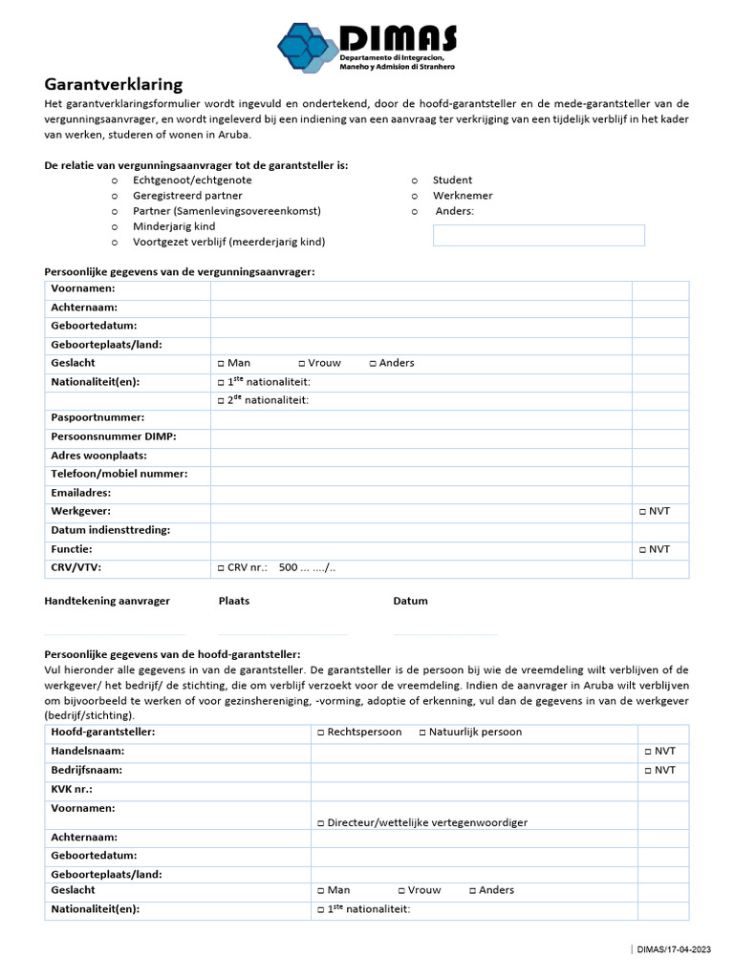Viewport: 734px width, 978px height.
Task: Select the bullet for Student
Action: coord(415,181)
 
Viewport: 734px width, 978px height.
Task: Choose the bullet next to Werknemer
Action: coord(415,196)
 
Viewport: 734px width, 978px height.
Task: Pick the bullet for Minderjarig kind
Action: coord(115,227)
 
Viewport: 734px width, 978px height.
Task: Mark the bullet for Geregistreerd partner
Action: coord(115,196)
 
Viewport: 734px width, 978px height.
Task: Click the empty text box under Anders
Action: coord(538,235)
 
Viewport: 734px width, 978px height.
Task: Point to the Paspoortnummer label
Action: coord(97,417)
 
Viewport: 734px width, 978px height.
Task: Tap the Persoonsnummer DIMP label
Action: coord(114,436)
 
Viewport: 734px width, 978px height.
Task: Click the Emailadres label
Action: coord(81,493)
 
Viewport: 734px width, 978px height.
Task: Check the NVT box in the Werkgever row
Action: coord(643,512)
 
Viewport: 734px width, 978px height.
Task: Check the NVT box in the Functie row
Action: coord(643,549)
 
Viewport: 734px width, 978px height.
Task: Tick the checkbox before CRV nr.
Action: coord(221,568)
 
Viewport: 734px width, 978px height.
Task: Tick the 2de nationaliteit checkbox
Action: coord(221,400)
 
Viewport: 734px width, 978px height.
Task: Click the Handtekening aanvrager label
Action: coord(107,601)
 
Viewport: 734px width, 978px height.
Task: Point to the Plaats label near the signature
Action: coord(234,601)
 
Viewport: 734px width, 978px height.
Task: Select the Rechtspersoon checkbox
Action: coord(320,733)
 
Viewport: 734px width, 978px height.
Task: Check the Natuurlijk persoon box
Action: coord(422,733)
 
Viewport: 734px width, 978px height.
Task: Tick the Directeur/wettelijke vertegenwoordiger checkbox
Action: coord(320,822)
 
